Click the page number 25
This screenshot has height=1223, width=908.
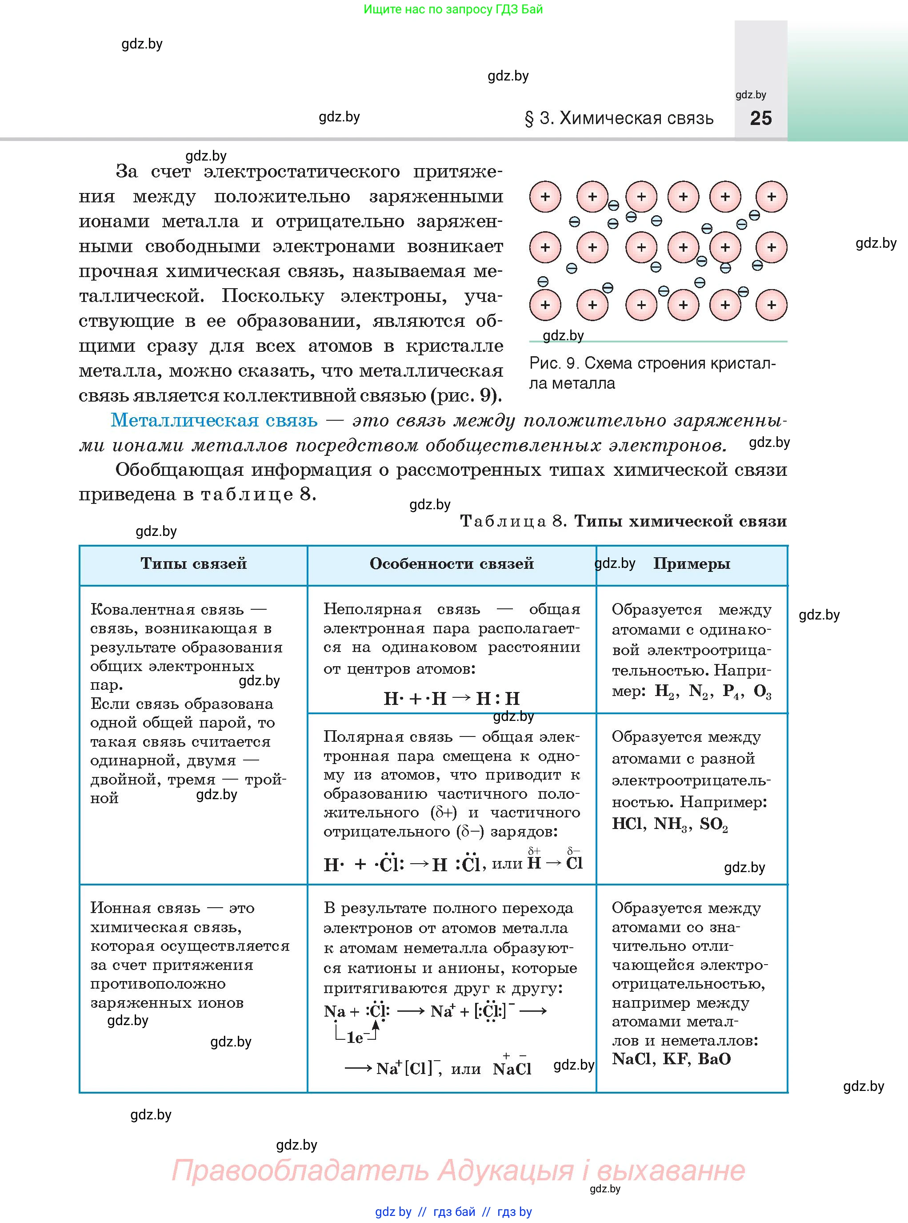click(x=761, y=118)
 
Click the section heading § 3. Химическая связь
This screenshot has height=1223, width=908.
click(x=620, y=118)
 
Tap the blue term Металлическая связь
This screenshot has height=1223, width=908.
click(x=214, y=421)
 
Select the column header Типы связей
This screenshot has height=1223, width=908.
click(x=193, y=563)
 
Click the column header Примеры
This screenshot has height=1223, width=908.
click(x=692, y=563)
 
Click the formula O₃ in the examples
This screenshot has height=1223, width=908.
click(x=762, y=692)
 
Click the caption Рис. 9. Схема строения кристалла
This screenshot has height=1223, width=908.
click(x=652, y=373)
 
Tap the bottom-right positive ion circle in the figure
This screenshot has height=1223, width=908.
click(x=771, y=305)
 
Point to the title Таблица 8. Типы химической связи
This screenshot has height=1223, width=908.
click(x=623, y=521)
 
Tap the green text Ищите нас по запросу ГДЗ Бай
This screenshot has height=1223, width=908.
click(x=453, y=9)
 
